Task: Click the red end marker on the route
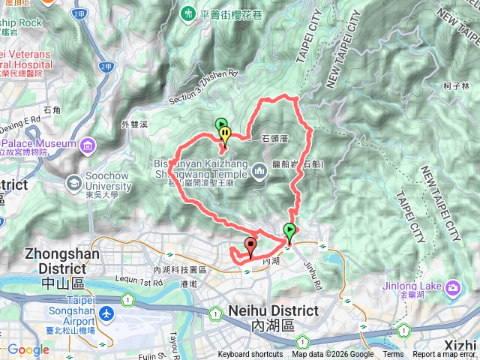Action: coord(249,244)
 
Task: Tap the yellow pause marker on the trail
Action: coord(225,134)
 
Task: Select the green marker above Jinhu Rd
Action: coord(290,231)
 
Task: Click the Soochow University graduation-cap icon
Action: coord(74,181)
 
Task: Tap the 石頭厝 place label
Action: coord(277,139)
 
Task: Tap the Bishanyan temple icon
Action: coord(259,172)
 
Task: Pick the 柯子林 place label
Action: coord(456,86)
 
